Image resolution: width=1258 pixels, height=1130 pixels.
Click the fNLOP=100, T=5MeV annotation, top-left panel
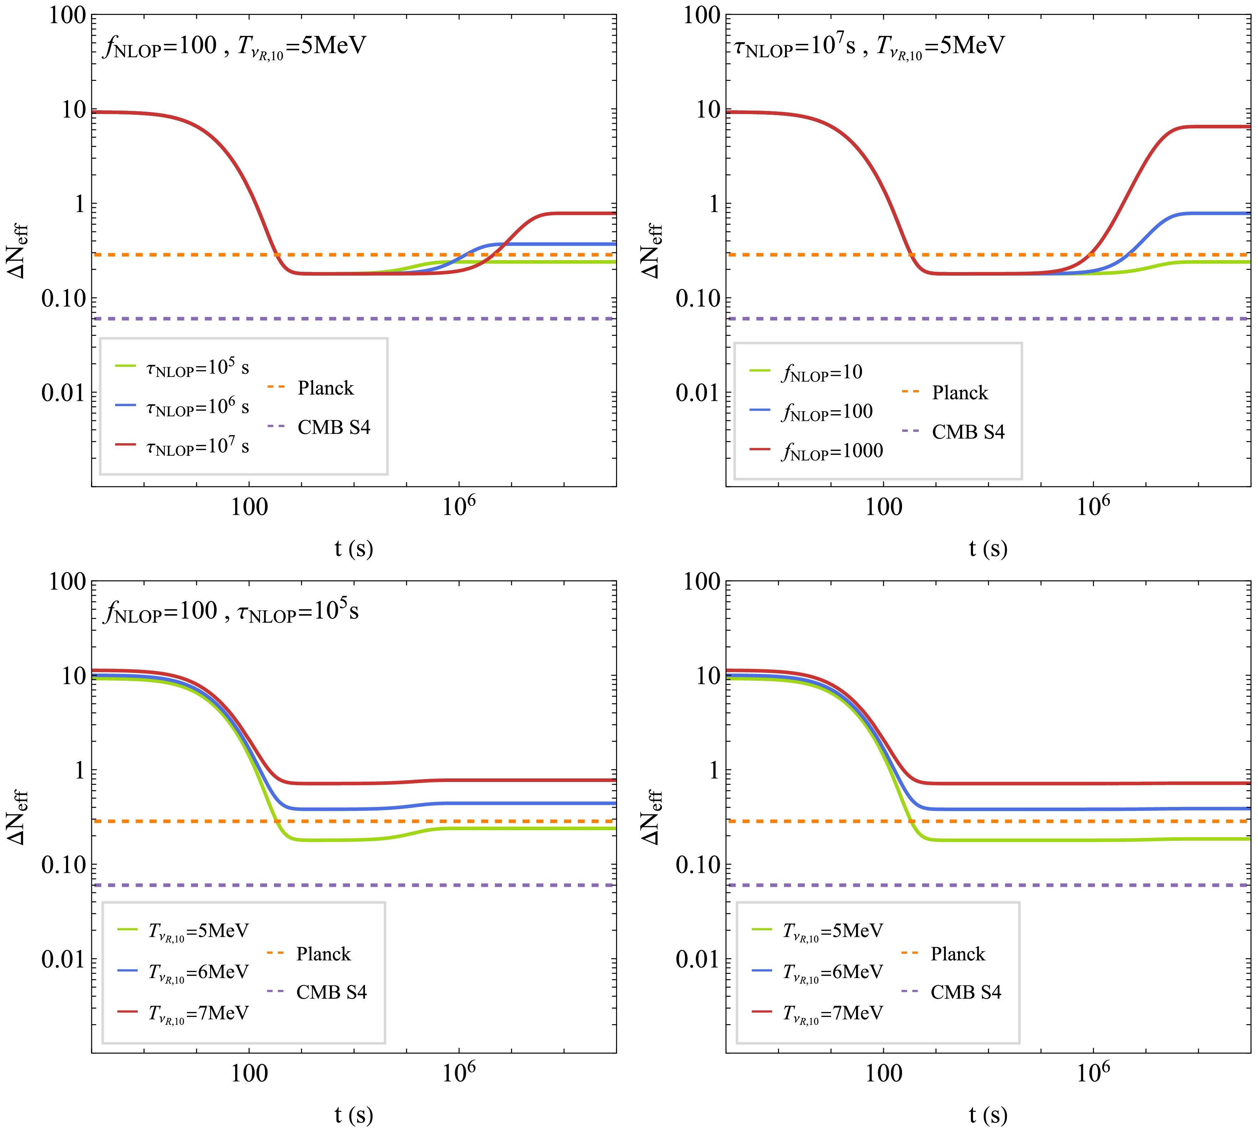tap(235, 47)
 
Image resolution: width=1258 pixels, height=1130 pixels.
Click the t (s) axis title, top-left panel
tap(354, 548)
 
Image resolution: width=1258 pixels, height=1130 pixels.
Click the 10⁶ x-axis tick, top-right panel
tap(1093, 507)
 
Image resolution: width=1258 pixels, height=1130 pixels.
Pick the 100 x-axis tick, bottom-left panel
tap(249, 1074)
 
